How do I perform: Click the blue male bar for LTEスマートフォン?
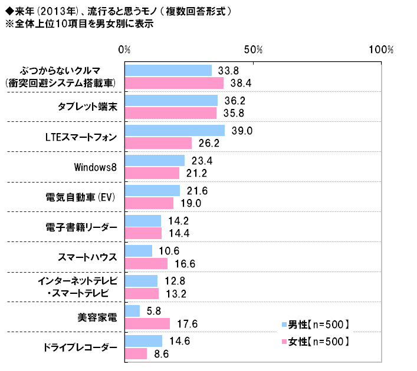pos(175,131)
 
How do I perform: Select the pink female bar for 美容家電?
pos(147,323)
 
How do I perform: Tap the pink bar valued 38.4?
pos(174,83)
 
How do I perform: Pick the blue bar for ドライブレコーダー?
pos(143,341)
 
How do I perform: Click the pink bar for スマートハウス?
pos(146,263)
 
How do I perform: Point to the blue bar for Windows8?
pos(155,161)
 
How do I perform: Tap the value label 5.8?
pos(155,311)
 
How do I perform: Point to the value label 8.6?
pos(162,353)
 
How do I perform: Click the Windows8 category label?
pos(96,167)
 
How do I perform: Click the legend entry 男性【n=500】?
pos(319,324)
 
